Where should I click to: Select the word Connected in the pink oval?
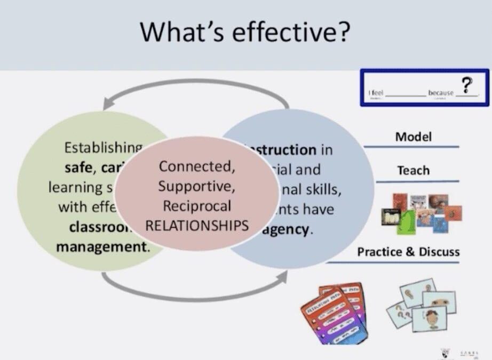(197, 166)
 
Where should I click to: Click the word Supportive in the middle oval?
(196, 186)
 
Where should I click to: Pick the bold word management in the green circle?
(102, 247)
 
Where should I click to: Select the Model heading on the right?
(413, 137)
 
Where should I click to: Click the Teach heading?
(413, 171)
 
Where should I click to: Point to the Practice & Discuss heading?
(408, 252)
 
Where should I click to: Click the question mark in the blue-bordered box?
(467, 84)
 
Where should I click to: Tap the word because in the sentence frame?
(440, 93)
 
